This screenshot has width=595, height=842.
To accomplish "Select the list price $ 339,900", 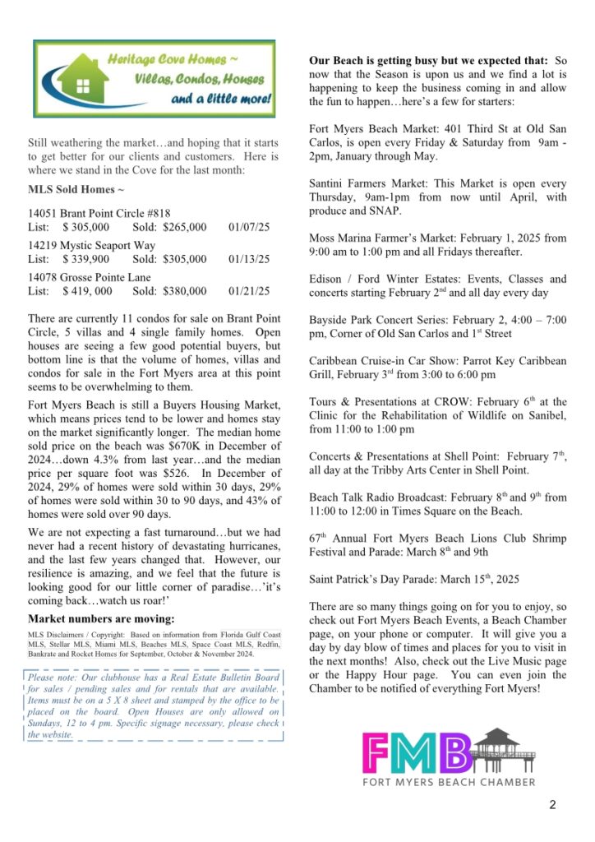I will (x=85, y=258).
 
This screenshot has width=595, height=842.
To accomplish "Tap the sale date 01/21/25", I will (x=249, y=290).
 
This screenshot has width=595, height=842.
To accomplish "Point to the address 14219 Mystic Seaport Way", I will (x=91, y=245).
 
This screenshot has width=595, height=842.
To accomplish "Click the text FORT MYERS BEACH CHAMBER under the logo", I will (x=449, y=782).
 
